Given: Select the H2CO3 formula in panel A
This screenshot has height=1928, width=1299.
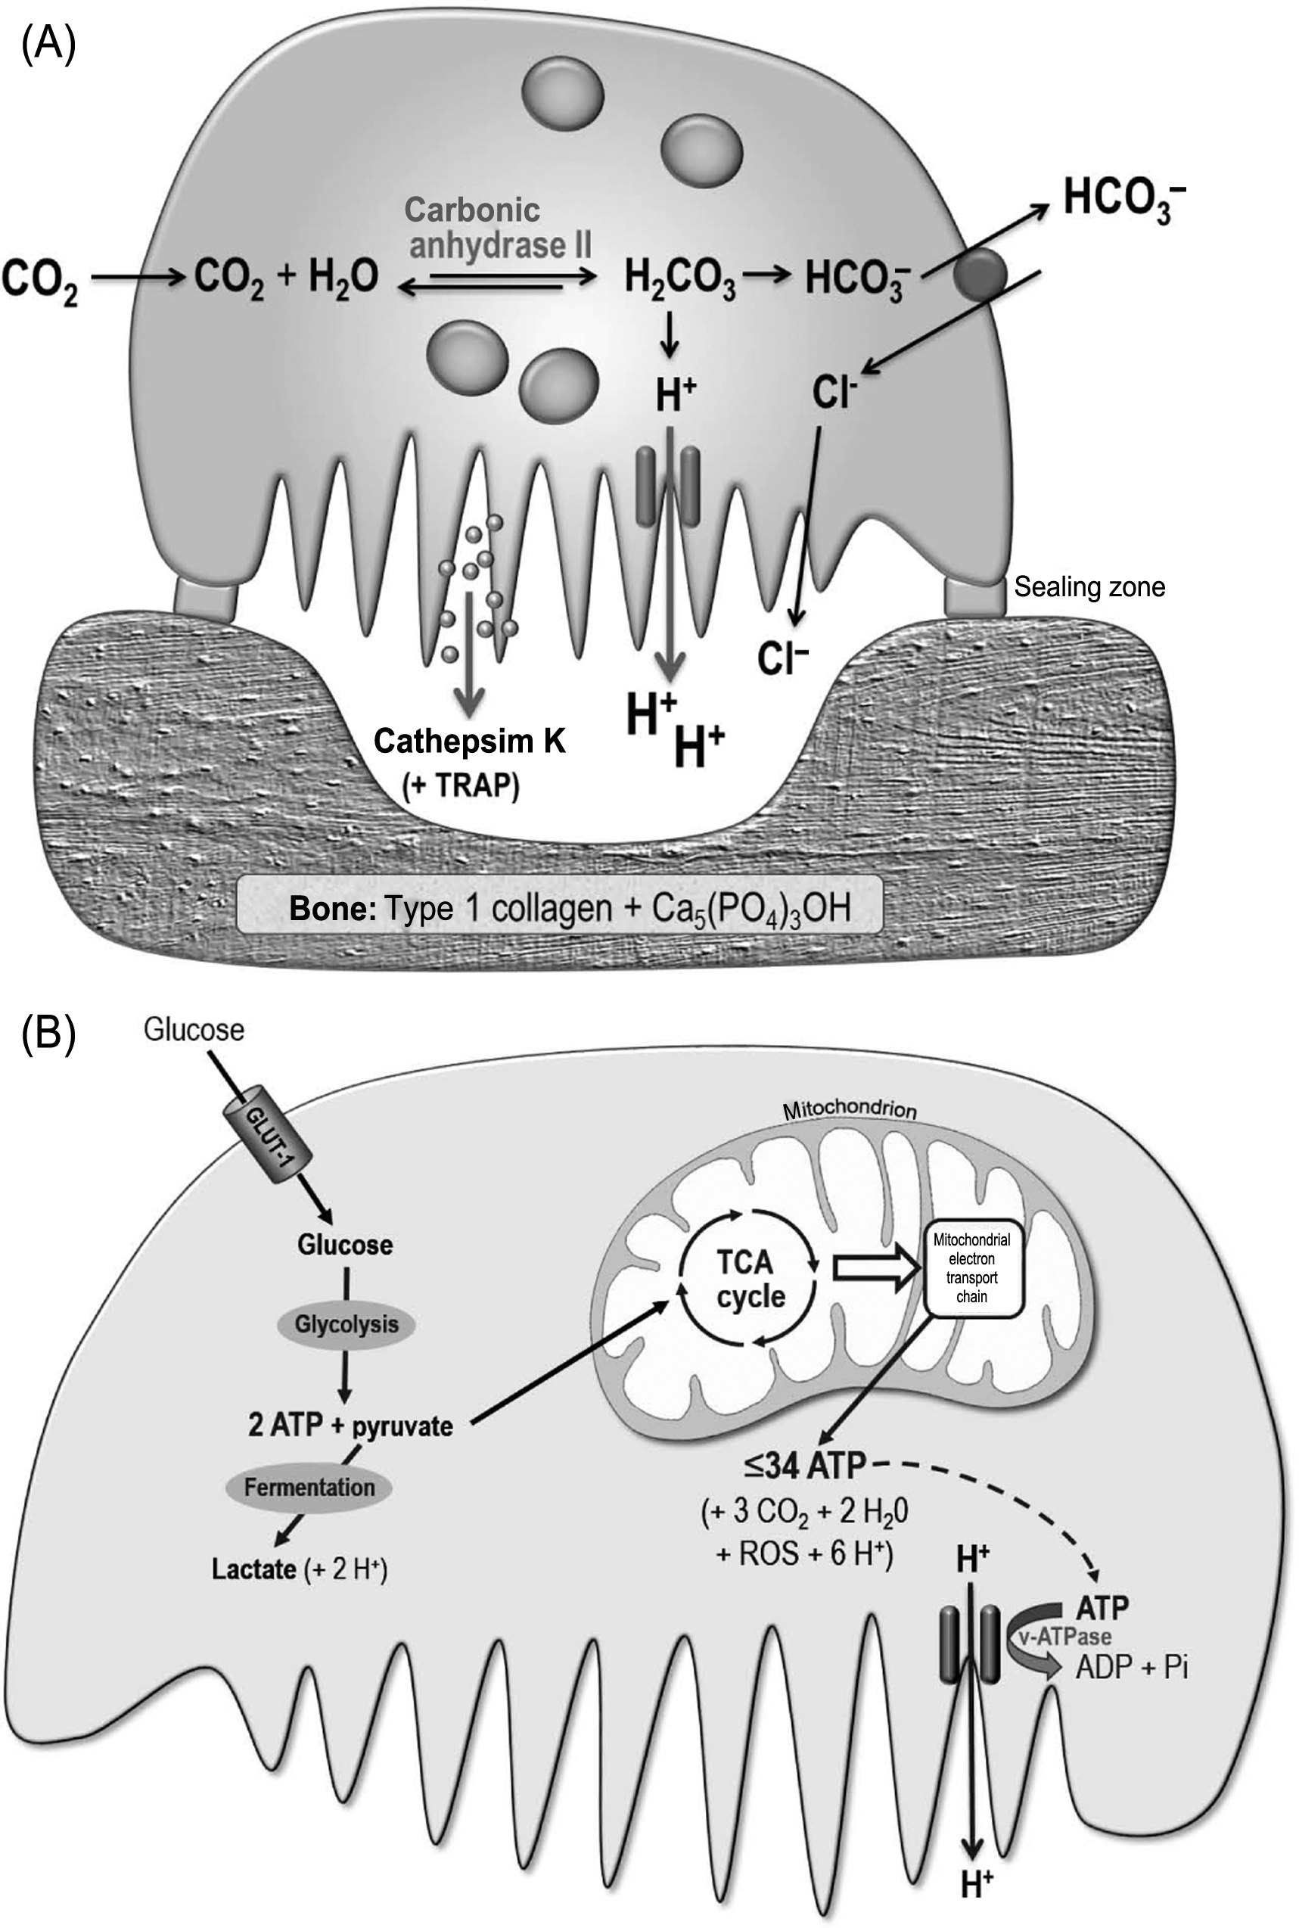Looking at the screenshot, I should point(679,278).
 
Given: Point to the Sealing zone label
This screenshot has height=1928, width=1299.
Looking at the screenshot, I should point(1089,586).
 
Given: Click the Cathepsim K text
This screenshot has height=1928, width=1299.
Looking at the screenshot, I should point(469,740).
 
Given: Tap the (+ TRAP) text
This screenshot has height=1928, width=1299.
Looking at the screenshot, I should point(461,785).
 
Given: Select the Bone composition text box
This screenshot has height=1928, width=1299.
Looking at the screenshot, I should point(560,908).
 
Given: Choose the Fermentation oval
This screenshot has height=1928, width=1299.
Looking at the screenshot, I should point(309,1486).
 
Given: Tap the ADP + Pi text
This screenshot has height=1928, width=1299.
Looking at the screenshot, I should point(1131,1666).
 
